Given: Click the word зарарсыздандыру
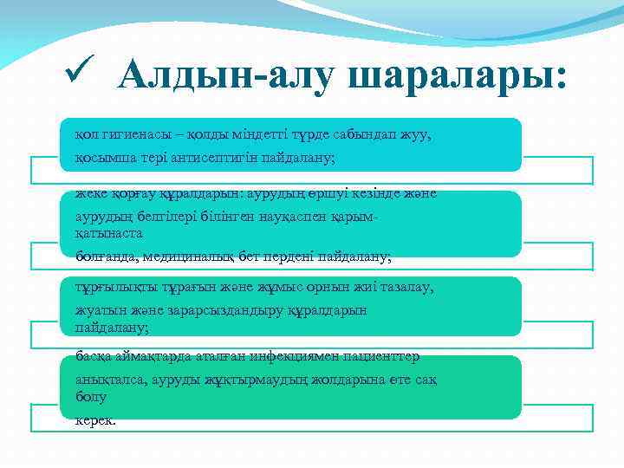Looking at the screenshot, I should coord(249,309).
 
